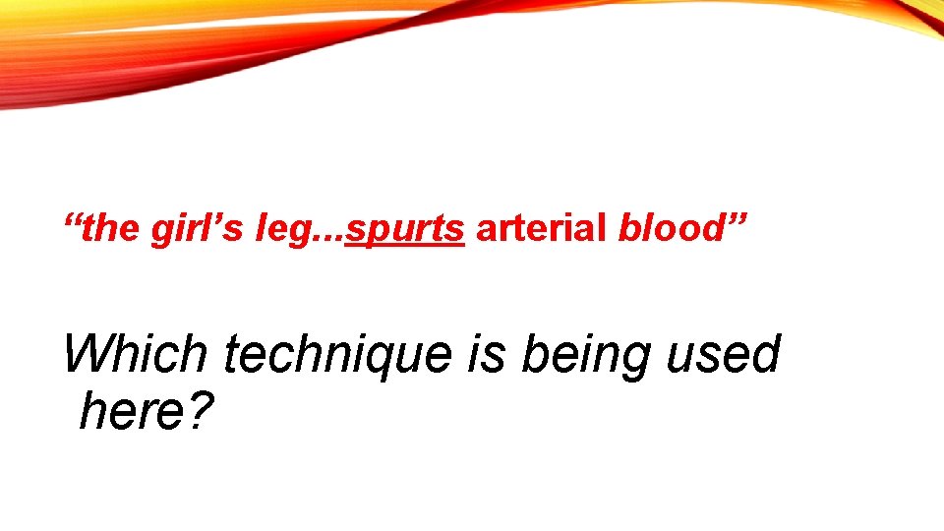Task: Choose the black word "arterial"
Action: click(x=541, y=230)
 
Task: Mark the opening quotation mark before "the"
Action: click(x=72, y=219)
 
